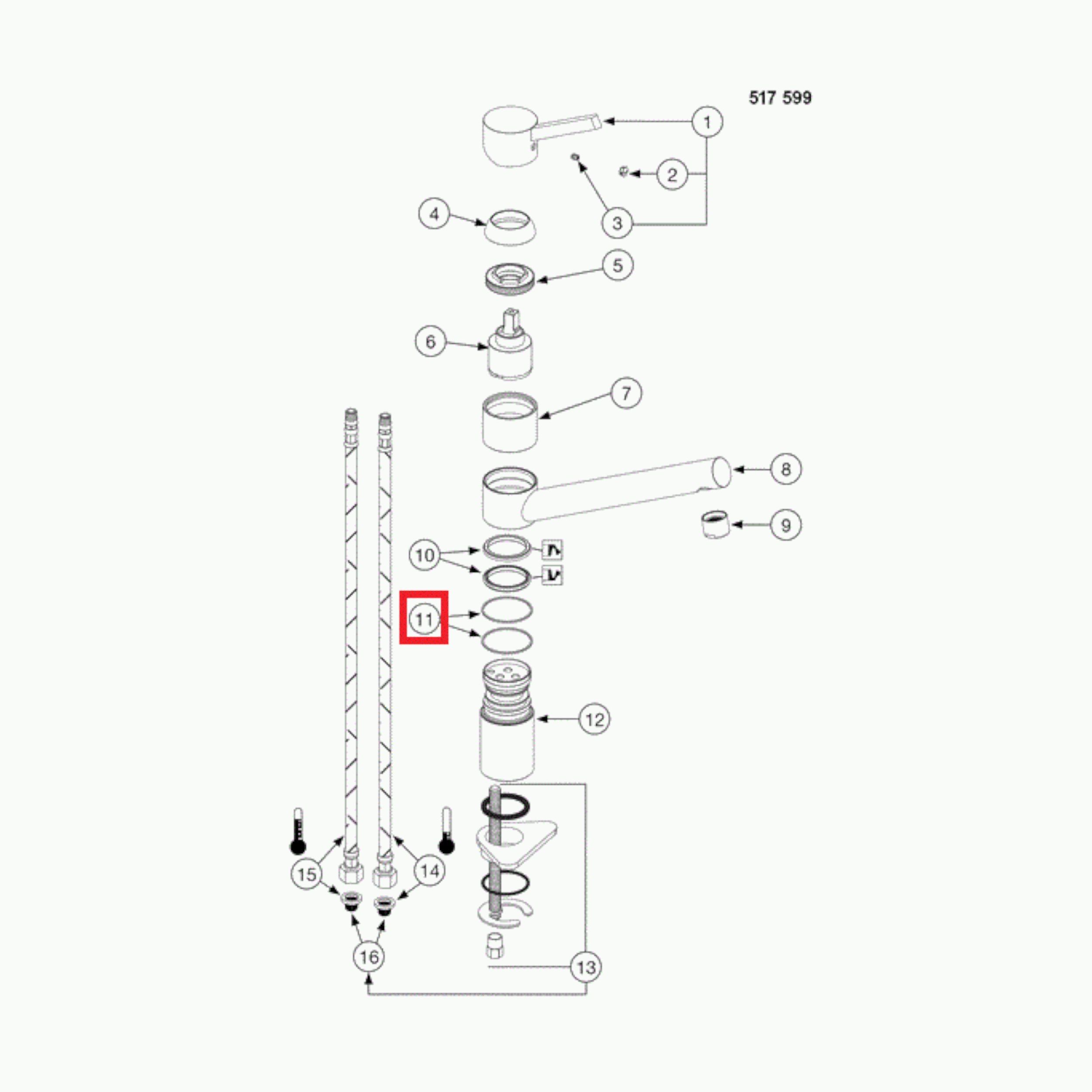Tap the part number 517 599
pyautogui.click(x=780, y=98)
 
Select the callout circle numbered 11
pyautogui.click(x=424, y=619)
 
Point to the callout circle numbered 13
pyautogui.click(x=586, y=967)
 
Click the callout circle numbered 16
pyautogui.click(x=369, y=957)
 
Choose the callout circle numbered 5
pyautogui.click(x=617, y=265)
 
